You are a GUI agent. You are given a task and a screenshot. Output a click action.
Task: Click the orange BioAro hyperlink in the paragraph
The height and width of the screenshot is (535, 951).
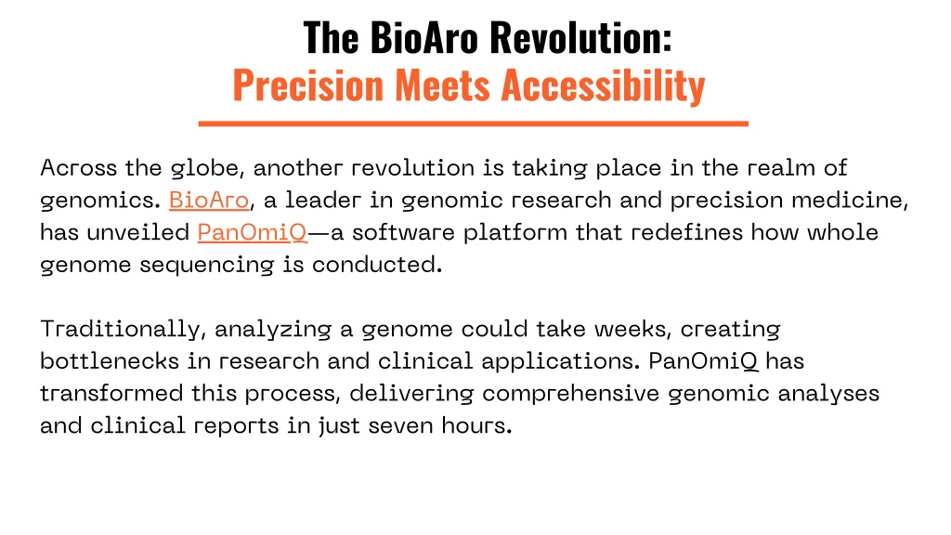(209, 201)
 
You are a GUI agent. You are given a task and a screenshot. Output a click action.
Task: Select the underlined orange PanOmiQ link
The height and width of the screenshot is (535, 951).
(253, 232)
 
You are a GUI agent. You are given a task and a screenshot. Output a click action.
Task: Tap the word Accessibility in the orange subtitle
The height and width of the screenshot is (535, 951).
(603, 85)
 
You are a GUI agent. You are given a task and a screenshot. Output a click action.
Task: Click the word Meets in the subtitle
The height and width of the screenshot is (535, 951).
(442, 85)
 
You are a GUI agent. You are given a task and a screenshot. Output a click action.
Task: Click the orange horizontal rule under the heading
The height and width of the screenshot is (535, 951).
(473, 124)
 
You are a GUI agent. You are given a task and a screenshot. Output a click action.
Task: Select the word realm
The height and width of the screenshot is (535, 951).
(780, 167)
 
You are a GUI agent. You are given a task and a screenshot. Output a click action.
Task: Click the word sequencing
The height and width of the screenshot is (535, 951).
(206, 265)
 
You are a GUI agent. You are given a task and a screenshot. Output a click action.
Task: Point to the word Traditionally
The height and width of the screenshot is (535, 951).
(120, 330)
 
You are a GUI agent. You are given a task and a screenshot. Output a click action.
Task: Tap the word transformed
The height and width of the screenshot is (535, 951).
(111, 394)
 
